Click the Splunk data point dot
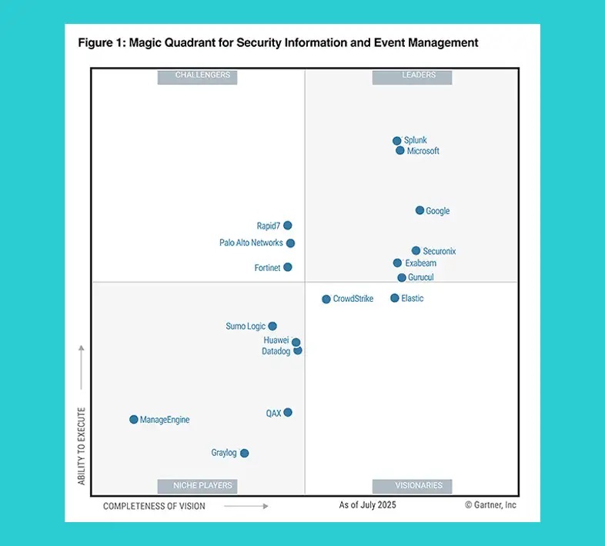[397, 141]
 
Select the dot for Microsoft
[400, 151]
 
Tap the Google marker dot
[419, 210]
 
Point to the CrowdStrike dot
[326, 299]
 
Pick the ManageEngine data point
[134, 420]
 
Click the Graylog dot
[245, 454]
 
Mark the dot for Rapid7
[288, 226]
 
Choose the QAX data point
[288, 413]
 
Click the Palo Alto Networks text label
[251, 243]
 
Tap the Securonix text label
[440, 251]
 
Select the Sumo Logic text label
[246, 327]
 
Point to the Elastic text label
[413, 299]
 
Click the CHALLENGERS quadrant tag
[196, 75]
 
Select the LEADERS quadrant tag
[412, 75]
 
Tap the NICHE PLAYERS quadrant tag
[196, 486]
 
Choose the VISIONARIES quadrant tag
[412, 486]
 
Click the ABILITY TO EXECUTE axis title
[82, 446]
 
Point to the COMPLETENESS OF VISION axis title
[153, 506]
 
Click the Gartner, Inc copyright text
[490, 505]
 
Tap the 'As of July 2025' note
[366, 505]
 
